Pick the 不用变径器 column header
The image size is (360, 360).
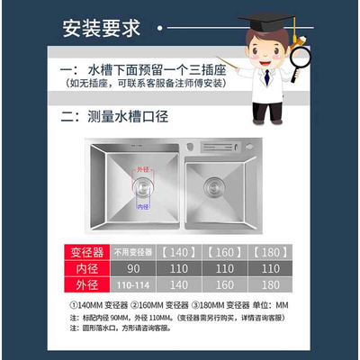[132, 250]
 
